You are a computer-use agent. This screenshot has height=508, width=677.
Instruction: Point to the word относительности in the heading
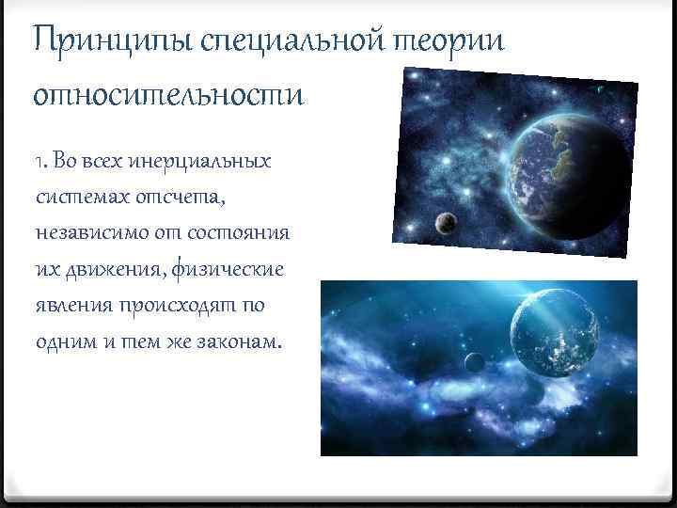(x=169, y=95)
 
